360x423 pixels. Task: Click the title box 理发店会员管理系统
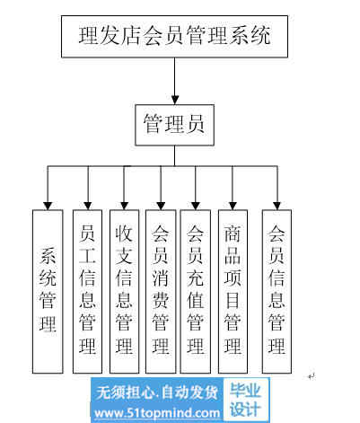pyautogui.click(x=174, y=37)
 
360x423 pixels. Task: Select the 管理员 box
pyautogui.click(x=174, y=125)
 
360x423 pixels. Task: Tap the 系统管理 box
pyautogui.click(x=48, y=291)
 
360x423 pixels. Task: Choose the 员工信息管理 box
pyautogui.click(x=87, y=291)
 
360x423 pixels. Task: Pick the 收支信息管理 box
pyautogui.click(x=124, y=291)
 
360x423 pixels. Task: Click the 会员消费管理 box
pyautogui.click(x=161, y=291)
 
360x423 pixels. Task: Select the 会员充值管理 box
pyautogui.click(x=196, y=291)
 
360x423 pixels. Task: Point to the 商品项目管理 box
pyautogui.click(x=233, y=291)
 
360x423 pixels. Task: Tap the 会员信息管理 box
pyautogui.click(x=277, y=291)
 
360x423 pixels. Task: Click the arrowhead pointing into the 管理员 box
pyautogui.click(x=175, y=100)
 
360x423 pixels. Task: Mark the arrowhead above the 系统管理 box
pyautogui.click(x=48, y=206)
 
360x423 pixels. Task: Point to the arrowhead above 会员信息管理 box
pyautogui.click(x=277, y=206)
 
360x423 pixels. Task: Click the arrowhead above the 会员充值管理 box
pyautogui.click(x=196, y=206)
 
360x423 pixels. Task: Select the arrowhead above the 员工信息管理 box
pyautogui.click(x=88, y=206)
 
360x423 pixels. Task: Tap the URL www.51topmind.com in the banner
pyautogui.click(x=157, y=413)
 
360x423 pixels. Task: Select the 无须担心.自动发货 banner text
pyautogui.click(x=156, y=392)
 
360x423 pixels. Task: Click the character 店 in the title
pyautogui.click(x=131, y=36)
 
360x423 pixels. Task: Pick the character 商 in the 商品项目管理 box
pyautogui.click(x=233, y=234)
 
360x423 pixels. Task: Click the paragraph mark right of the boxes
pyautogui.click(x=312, y=376)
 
